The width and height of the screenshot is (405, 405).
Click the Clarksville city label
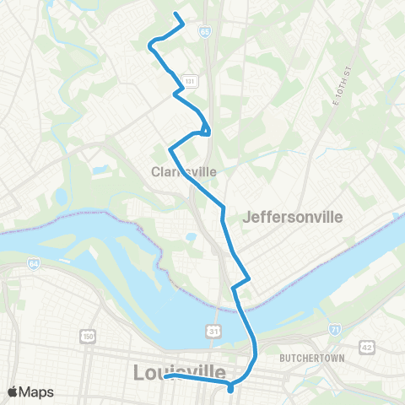(x=183, y=171)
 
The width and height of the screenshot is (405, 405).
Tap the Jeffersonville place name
(x=292, y=217)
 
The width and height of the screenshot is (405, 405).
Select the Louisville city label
(x=179, y=372)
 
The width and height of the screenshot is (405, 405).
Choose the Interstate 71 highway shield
(x=335, y=327)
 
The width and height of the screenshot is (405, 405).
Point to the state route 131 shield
(x=192, y=81)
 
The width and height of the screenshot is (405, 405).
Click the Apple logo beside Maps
(x=13, y=391)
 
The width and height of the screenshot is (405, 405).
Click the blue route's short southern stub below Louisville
(x=229, y=388)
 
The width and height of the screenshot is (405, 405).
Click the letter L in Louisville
(x=141, y=372)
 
